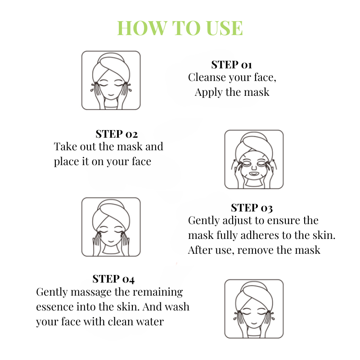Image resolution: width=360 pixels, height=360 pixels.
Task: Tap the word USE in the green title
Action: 224,28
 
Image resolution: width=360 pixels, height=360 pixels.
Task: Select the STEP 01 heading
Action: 231,65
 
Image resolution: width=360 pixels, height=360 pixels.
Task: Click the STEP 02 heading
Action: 117,134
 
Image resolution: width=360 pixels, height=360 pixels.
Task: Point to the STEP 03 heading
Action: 252,208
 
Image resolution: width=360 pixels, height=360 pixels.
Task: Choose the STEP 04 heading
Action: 113,279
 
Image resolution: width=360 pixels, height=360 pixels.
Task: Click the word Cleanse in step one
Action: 207,77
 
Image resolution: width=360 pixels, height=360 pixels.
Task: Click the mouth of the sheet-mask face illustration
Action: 254,174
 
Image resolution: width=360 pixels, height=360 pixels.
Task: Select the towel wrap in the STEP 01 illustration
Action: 110,65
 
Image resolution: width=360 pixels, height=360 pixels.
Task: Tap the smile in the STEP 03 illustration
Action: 111,241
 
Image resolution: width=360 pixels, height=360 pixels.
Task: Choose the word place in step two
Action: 67,162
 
